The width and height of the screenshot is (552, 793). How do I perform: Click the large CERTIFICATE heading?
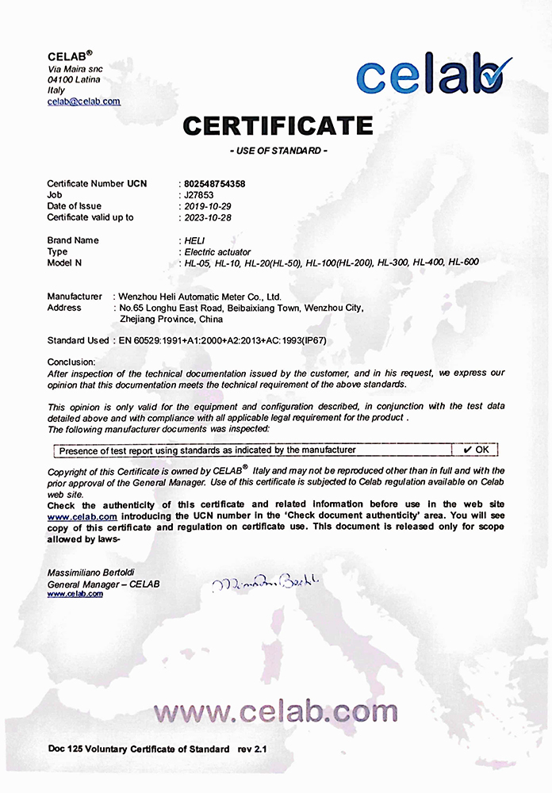point(278,125)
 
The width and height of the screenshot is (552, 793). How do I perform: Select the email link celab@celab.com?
point(83,102)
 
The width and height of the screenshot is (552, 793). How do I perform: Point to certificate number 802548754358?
point(214,183)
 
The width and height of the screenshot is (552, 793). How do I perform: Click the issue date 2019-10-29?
point(209,206)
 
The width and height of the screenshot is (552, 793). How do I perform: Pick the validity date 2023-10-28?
point(209,217)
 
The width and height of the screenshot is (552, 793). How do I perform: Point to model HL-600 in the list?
point(463,262)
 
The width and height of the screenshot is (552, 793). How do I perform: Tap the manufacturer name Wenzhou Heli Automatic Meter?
point(198,297)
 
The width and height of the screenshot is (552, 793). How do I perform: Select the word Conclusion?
point(71,362)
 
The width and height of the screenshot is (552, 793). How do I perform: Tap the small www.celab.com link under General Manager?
point(75,594)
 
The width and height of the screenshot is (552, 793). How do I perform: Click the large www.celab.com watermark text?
point(276,711)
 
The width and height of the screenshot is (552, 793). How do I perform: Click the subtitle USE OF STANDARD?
point(278,151)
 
